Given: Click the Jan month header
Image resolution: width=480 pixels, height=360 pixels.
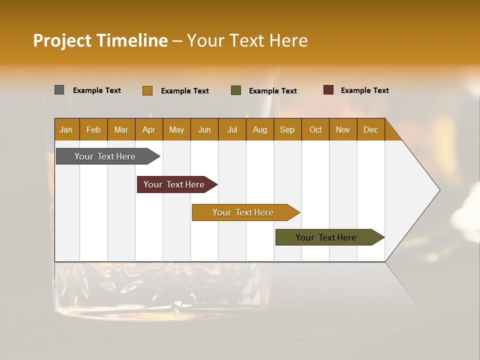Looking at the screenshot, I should click(66, 129).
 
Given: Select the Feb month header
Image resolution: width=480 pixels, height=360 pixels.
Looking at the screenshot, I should click(93, 129).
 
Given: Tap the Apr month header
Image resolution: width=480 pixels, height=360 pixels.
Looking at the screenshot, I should click(149, 129).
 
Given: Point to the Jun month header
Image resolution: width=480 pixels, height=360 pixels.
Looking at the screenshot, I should click(204, 129).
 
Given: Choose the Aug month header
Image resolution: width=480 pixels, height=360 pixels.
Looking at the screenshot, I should click(260, 129).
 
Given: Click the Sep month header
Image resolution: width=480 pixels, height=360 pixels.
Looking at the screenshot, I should click(287, 129).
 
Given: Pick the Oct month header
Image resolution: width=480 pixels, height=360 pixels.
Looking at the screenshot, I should click(315, 129).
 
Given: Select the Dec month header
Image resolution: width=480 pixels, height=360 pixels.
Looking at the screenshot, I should click(371, 129).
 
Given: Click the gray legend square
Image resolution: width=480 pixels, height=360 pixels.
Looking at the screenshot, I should click(59, 90).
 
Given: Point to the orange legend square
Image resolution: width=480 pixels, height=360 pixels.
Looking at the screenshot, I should click(147, 90).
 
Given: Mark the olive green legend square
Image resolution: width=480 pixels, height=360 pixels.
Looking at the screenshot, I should click(236, 90).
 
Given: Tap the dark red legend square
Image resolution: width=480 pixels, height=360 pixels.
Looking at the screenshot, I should click(328, 90).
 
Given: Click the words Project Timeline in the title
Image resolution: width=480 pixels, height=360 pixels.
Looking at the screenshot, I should click(100, 40).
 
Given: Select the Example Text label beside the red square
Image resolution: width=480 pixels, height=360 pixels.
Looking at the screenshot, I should click(364, 90).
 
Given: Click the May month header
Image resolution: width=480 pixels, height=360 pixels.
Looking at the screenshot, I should click(176, 129).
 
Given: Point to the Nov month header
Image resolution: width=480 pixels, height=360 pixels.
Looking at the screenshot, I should click(343, 129).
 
